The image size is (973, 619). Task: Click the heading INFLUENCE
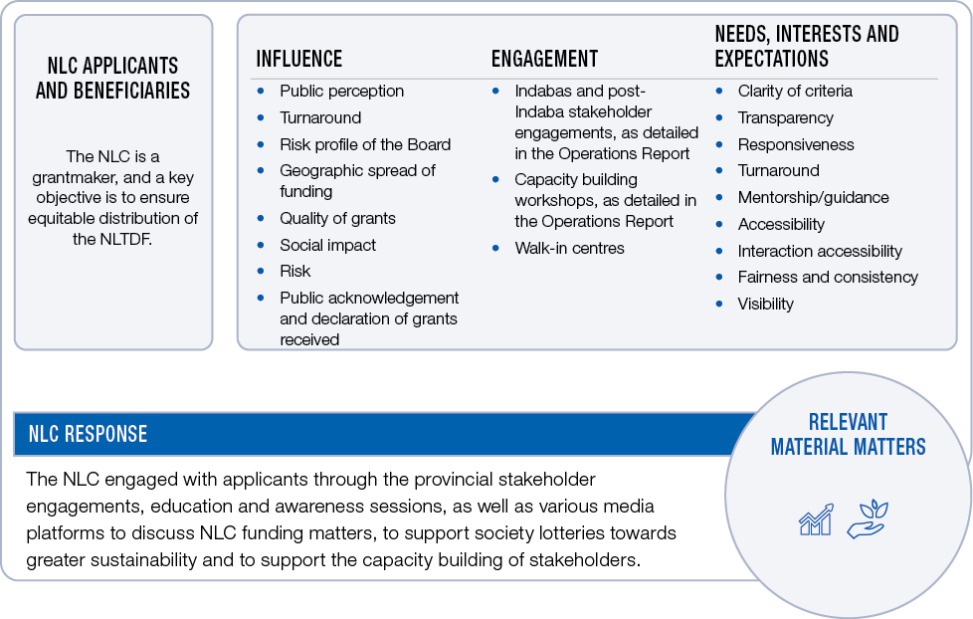(298, 59)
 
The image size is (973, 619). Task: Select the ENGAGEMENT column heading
(544, 59)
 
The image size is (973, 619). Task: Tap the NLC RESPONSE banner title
(88, 434)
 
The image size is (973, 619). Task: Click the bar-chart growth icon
(816, 518)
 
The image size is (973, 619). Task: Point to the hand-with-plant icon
(867, 518)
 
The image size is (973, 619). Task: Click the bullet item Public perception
(341, 91)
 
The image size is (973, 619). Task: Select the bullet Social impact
(327, 245)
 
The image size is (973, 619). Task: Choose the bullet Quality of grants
(337, 218)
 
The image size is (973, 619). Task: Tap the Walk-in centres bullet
(569, 248)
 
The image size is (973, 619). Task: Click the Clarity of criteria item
(795, 91)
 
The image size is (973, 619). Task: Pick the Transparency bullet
(785, 117)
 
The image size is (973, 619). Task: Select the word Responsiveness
(796, 144)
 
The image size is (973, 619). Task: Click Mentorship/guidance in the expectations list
(813, 197)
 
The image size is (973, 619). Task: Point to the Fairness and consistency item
(828, 277)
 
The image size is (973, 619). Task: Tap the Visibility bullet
(765, 304)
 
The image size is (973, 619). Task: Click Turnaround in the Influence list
(320, 117)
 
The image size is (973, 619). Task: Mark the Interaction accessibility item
(820, 251)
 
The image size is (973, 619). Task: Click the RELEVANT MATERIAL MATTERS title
(848, 434)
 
